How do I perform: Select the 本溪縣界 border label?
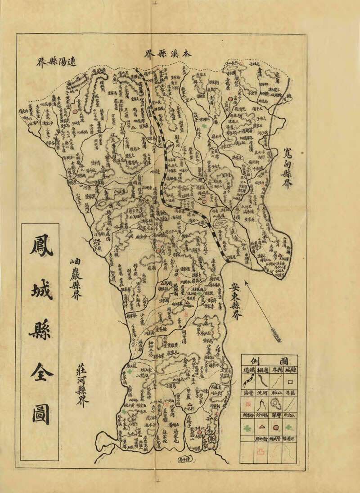point(167,54)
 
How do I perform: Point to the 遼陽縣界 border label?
point(57,61)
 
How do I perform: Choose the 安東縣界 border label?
point(235,300)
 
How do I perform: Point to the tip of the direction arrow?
point(247,293)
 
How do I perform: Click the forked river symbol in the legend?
point(261,405)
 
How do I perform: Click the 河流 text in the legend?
point(261,393)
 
